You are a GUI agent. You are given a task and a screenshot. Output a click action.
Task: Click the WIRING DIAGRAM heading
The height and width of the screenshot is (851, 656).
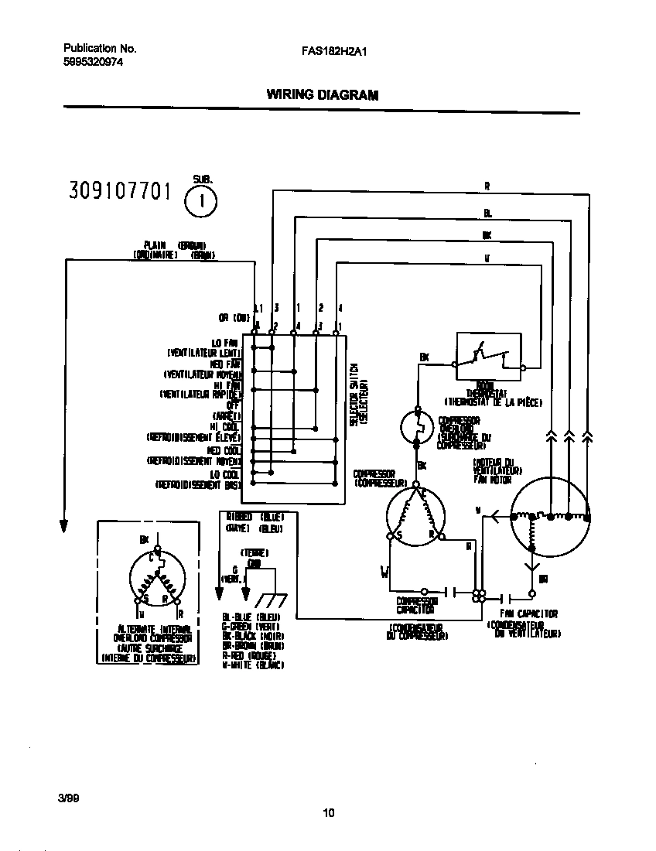(x=323, y=95)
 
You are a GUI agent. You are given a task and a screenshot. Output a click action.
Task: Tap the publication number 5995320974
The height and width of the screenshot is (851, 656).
(x=92, y=63)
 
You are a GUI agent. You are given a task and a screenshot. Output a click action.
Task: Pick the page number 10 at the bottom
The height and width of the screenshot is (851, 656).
(x=329, y=812)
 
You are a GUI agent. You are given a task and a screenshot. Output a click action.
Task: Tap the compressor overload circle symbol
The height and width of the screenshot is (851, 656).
(x=419, y=428)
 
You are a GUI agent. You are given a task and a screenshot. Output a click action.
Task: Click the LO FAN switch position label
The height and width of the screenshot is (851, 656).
(x=226, y=343)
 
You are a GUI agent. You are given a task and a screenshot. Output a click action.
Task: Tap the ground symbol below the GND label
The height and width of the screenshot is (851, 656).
(x=268, y=599)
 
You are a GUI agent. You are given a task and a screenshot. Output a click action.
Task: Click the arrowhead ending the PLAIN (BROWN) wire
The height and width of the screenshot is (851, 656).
(x=65, y=526)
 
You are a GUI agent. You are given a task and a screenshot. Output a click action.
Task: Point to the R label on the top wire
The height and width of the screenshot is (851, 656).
(x=487, y=186)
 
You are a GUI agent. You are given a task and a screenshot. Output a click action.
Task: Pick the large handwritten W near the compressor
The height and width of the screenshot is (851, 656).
(x=384, y=572)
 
